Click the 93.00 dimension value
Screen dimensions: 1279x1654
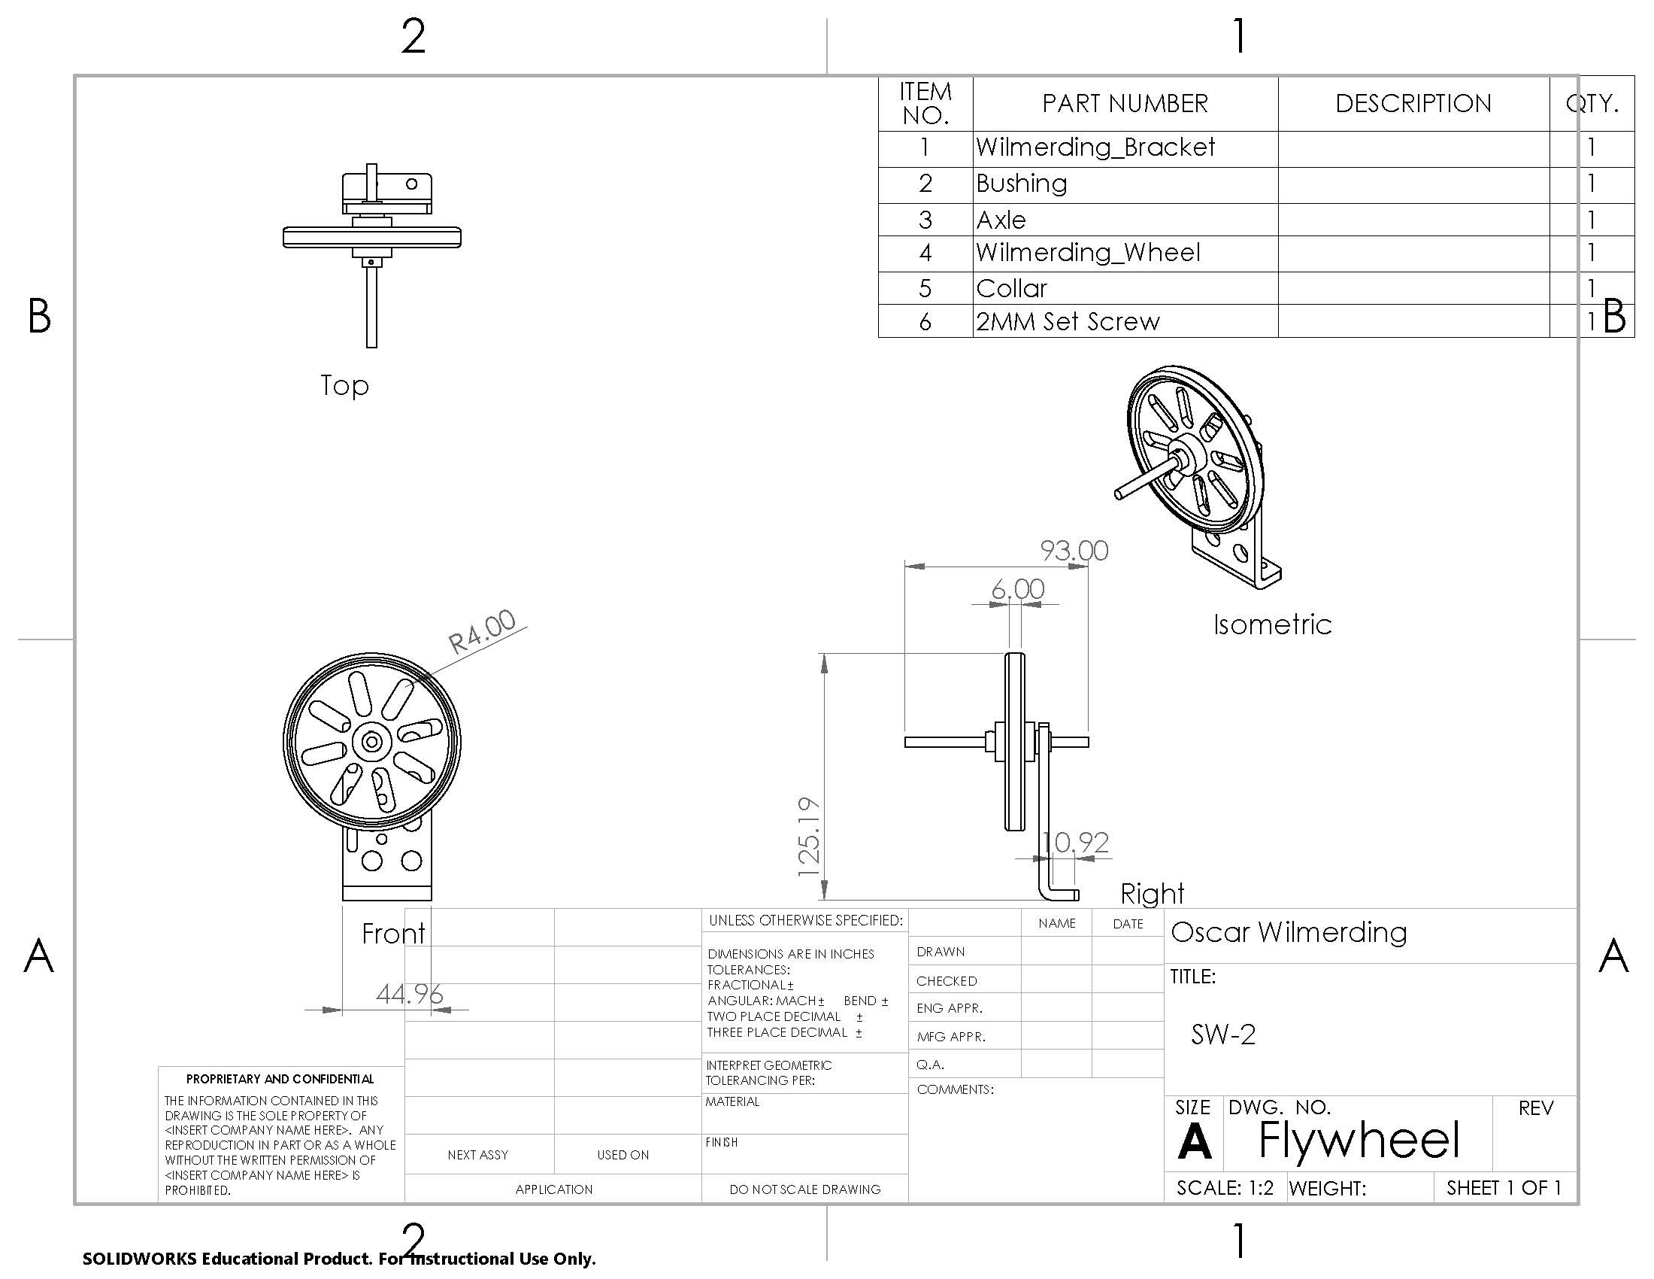point(1074,550)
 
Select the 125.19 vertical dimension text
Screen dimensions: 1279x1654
point(810,837)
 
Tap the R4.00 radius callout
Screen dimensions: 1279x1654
point(482,631)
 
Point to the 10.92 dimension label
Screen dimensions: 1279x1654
point(1074,842)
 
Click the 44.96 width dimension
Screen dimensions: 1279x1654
point(409,993)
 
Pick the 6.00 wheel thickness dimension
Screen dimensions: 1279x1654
point(1017,589)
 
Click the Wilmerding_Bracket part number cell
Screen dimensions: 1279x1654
point(1095,147)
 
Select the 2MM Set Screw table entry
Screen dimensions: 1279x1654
point(1067,321)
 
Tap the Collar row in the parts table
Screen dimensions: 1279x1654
point(1011,288)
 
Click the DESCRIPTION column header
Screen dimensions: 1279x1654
point(1413,103)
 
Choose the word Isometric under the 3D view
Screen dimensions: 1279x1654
point(1271,624)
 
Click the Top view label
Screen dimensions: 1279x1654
point(344,385)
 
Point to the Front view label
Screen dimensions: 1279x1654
point(392,933)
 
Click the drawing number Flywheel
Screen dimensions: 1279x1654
point(1358,1139)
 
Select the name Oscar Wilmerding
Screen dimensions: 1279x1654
point(1288,931)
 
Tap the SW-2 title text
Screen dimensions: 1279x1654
point(1222,1034)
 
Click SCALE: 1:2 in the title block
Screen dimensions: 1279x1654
point(1225,1187)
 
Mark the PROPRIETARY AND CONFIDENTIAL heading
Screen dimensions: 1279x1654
point(280,1078)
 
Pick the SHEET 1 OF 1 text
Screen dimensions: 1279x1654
point(1504,1187)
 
